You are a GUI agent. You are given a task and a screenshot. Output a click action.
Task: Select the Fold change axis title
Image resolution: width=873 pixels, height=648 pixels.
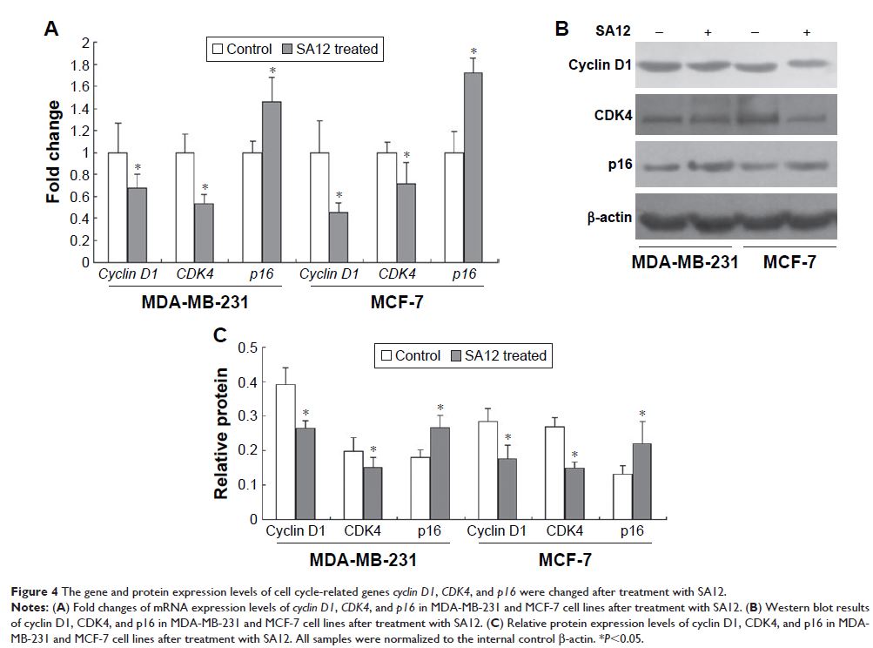[54, 152]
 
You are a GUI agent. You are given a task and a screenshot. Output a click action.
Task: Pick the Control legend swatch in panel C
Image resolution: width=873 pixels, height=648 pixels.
[385, 355]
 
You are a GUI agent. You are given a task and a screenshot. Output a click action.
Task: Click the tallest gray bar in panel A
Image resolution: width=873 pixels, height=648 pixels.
[471, 167]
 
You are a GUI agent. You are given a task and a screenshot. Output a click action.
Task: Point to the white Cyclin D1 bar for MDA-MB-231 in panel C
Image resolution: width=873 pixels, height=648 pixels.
[285, 451]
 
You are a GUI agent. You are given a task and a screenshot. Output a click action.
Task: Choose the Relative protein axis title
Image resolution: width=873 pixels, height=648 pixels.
[221, 433]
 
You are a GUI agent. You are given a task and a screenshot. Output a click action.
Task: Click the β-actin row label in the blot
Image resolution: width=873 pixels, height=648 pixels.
[594, 213]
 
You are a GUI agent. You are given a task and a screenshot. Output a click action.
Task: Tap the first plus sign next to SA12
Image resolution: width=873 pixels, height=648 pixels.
[708, 32]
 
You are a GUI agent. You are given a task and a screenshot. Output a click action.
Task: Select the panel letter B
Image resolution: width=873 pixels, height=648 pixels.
[562, 29]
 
